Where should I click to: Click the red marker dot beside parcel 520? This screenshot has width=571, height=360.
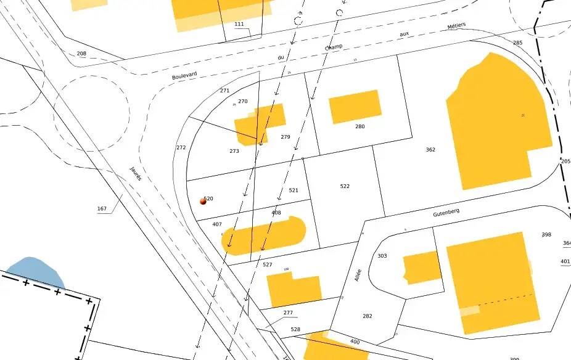(203, 201)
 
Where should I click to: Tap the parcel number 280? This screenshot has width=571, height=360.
(360, 126)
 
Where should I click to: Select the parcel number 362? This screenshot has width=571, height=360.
(430, 150)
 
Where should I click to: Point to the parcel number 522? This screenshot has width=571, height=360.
(345, 186)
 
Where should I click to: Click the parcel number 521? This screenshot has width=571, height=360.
(294, 190)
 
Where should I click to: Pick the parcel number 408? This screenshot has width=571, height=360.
(276, 213)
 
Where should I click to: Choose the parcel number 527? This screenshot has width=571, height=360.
(268, 264)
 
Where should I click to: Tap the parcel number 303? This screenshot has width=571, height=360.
(382, 255)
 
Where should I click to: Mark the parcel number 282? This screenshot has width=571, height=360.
(368, 316)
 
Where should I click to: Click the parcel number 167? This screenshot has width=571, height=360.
(102, 209)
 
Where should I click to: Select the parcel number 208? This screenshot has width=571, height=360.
(81, 54)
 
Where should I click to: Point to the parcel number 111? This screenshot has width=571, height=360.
(239, 24)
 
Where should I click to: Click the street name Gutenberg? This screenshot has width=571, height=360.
(446, 213)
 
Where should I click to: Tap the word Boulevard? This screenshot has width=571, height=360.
(184, 73)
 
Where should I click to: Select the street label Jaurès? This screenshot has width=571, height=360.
(136, 173)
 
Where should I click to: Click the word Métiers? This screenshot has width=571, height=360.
(456, 26)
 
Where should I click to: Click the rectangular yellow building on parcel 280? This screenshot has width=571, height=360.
(355, 107)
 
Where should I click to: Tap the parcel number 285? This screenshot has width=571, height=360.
(517, 43)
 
